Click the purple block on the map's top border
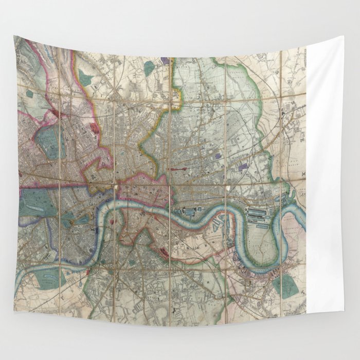[x=165, y=60]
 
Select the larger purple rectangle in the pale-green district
[x=243, y=168]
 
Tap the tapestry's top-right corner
[x=343, y=37]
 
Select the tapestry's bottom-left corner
[x=14, y=310]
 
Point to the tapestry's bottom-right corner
[x=343, y=311]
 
